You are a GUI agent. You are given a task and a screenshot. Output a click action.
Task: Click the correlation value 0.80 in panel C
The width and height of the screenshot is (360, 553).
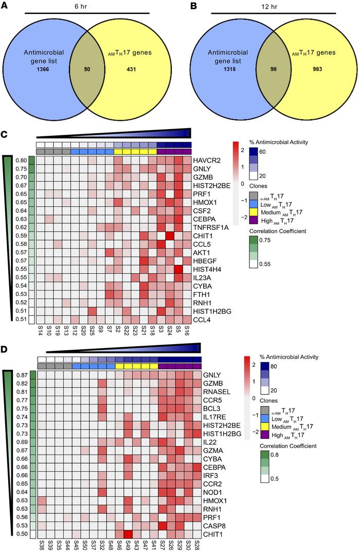point(22,160)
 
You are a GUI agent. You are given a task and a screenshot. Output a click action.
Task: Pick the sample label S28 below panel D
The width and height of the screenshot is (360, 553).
point(199,545)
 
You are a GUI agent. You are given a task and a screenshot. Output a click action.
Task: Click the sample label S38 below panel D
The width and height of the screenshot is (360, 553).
point(40,545)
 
